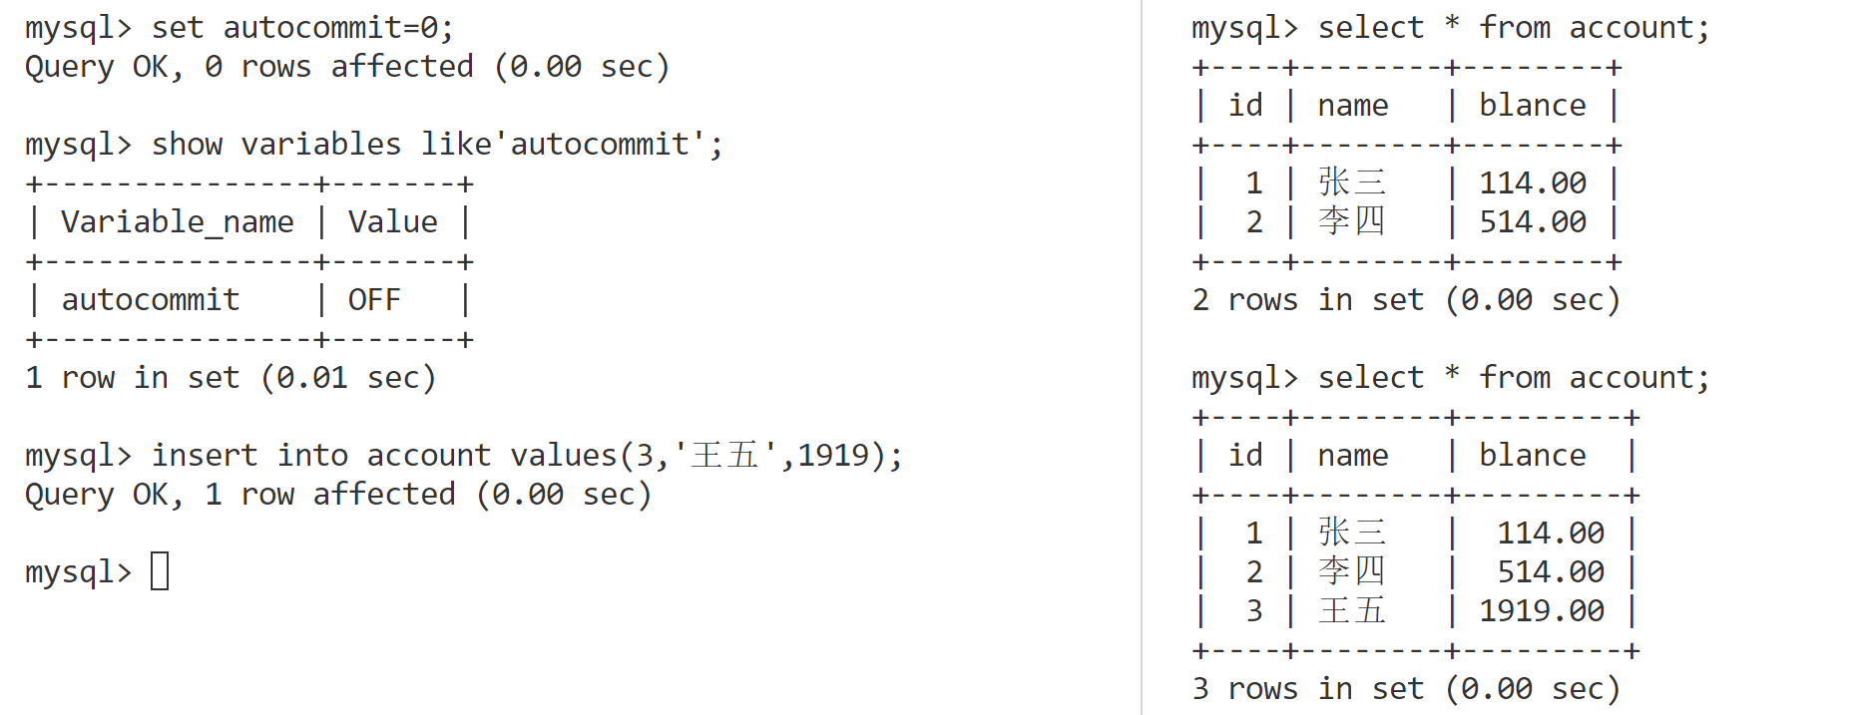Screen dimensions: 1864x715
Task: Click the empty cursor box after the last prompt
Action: click(160, 571)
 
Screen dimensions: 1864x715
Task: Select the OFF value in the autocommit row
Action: click(374, 299)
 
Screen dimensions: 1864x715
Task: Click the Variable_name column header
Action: click(178, 221)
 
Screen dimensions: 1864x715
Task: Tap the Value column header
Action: click(392, 221)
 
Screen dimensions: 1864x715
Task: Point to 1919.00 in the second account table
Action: click(1542, 610)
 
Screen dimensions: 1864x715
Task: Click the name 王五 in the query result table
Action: click(1352, 610)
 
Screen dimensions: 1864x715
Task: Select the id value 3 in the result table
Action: click(1254, 610)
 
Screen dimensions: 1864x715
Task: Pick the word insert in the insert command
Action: click(205, 455)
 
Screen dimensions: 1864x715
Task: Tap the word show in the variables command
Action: click(187, 144)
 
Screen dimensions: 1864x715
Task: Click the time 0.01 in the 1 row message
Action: click(311, 377)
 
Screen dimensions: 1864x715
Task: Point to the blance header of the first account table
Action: click(1532, 105)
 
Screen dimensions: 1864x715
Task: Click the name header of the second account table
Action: click(1352, 455)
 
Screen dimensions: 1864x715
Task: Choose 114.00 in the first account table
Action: click(1532, 182)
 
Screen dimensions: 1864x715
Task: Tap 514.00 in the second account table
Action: click(1551, 571)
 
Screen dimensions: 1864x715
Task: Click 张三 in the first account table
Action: click(1352, 182)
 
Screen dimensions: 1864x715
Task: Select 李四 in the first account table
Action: click(1352, 221)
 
